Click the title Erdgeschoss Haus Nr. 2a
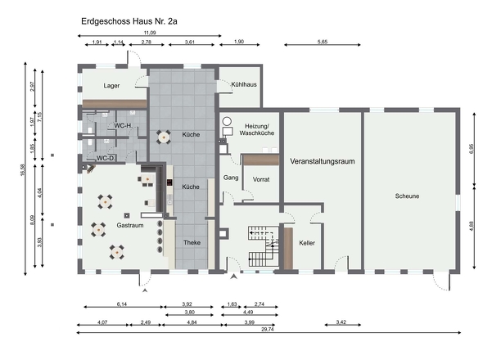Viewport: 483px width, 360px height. coord(129,21)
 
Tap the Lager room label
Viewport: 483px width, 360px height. coord(111,86)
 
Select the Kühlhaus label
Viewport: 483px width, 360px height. coord(244,84)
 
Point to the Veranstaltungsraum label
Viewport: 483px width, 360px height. coord(323,161)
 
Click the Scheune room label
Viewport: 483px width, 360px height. coord(407,196)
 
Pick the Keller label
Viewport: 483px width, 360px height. coord(307,243)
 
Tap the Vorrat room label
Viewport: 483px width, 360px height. coord(261,179)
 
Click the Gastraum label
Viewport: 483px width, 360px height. coord(130,225)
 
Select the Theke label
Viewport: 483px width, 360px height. coord(192,242)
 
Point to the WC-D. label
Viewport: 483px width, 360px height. coord(106,158)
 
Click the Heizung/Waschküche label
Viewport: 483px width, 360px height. coord(257,129)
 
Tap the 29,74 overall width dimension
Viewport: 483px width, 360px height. coord(268,329)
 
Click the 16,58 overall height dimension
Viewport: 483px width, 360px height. coord(22,169)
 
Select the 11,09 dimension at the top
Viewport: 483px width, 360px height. coord(150,33)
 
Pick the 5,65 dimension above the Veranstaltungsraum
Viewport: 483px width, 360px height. coord(323,42)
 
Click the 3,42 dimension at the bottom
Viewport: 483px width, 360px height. coord(341,322)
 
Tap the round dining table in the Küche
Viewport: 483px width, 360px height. coord(163,137)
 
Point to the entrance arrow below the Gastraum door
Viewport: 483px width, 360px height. coord(145,290)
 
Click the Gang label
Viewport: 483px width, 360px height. coord(231,178)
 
